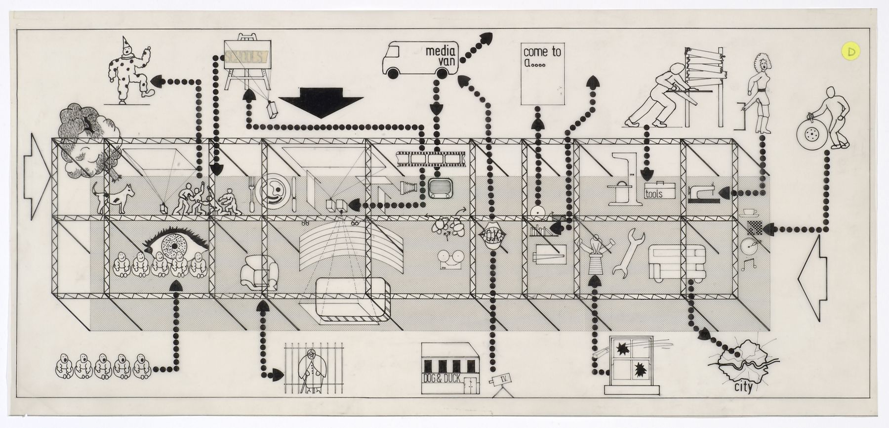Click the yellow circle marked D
click(852, 51)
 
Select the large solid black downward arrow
click(321, 102)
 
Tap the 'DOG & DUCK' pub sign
click(442, 379)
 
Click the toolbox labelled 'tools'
click(659, 191)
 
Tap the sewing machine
click(703, 194)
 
